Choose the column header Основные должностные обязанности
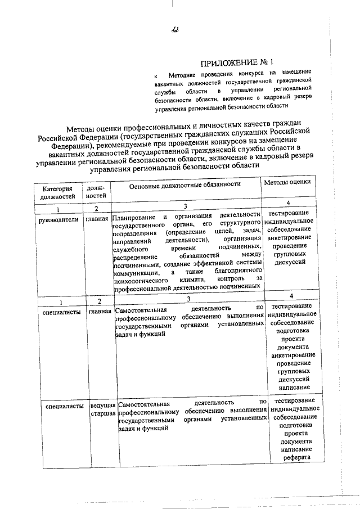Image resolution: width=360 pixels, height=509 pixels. (x=185, y=184)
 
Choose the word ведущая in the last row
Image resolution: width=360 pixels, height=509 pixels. (x=103, y=405)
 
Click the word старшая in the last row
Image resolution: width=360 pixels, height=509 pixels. (x=103, y=413)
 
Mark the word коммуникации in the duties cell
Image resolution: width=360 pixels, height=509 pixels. (x=136, y=272)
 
